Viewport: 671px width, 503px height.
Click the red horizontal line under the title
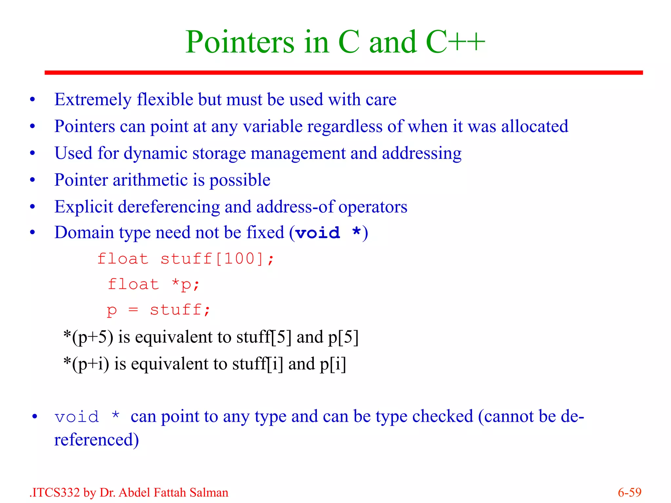point(343,72)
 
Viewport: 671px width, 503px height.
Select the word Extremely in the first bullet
point(93,100)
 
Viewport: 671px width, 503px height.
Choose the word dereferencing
point(169,207)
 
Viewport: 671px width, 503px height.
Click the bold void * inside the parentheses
point(328,233)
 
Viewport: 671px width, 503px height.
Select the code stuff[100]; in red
point(217,259)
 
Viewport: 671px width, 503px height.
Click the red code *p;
point(185,284)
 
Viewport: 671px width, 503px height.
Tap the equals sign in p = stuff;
point(133,310)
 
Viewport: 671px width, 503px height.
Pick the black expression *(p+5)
point(88,337)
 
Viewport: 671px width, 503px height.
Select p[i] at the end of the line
point(333,364)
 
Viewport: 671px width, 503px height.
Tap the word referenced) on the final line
point(96,440)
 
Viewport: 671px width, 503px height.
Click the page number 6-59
point(629,493)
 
